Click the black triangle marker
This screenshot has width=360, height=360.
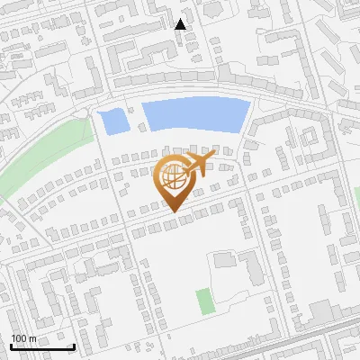(x=180, y=24)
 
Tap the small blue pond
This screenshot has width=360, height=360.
(x=112, y=121)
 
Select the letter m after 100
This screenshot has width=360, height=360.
(x=32, y=338)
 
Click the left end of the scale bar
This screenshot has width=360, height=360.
(x=12, y=346)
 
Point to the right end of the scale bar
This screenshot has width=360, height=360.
(x=74, y=346)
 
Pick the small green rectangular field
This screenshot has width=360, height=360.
(x=207, y=300)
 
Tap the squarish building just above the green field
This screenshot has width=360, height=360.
(x=222, y=261)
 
